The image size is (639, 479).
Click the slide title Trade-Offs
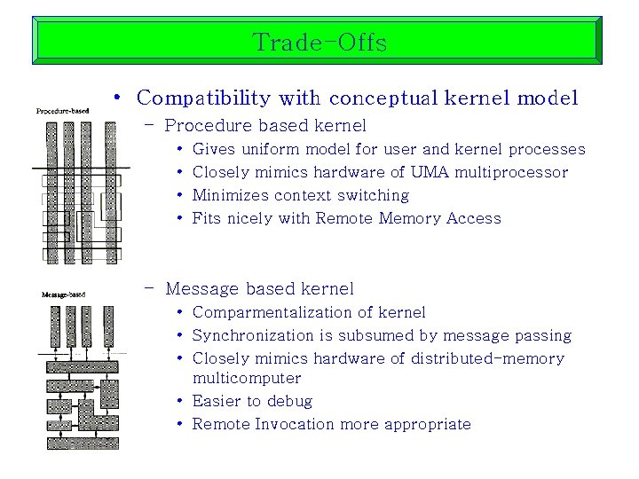coord(319,42)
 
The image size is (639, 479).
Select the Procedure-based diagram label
coord(62,111)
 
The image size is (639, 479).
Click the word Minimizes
coord(227,195)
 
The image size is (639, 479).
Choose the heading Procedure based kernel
coord(265,126)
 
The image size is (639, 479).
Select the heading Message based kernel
coord(259,288)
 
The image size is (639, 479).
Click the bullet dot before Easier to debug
coord(179,401)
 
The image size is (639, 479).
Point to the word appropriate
coord(428,424)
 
